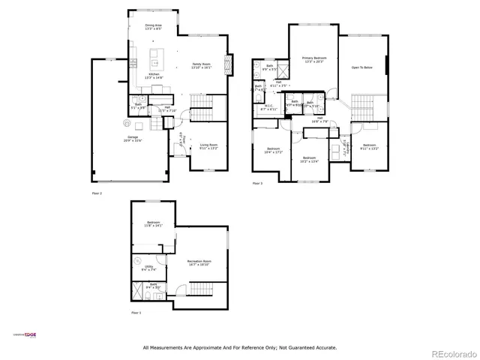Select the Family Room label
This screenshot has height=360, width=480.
pyautogui.click(x=201, y=64)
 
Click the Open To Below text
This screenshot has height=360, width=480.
pyautogui.click(x=362, y=67)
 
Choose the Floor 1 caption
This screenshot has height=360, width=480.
pyautogui.click(x=136, y=312)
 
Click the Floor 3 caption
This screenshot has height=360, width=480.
pyautogui.click(x=258, y=183)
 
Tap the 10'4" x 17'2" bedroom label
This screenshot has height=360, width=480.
pyautogui.click(x=271, y=149)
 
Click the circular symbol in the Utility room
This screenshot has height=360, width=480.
pyautogui.click(x=137, y=259)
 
